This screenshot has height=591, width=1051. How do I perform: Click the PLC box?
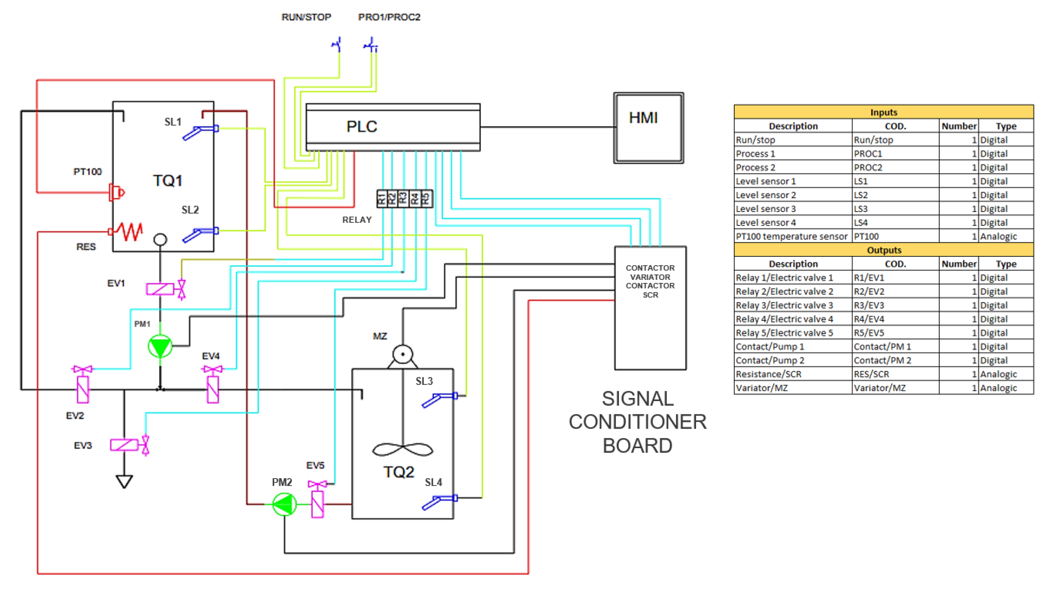point(392,127)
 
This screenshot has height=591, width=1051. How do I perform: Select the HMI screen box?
point(648,128)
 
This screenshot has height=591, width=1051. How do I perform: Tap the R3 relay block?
point(403,199)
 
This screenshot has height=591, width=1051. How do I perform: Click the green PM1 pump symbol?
point(160,346)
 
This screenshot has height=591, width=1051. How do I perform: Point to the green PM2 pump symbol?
point(284,504)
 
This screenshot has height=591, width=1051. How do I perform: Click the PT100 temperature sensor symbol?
point(116,192)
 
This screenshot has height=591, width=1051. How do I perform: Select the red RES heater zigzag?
point(130,231)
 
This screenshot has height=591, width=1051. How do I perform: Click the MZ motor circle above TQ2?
point(403,354)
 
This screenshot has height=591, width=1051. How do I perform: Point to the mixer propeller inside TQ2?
point(403,449)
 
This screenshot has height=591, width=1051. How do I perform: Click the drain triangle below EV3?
point(124,481)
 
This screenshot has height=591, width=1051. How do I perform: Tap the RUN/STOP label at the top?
point(306,17)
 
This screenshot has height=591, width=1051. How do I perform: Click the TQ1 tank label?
point(167,180)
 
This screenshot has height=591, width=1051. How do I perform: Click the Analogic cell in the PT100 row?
point(1006,236)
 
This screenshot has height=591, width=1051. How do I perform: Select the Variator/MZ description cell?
point(793,388)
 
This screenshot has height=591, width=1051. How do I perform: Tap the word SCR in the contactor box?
point(650,295)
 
